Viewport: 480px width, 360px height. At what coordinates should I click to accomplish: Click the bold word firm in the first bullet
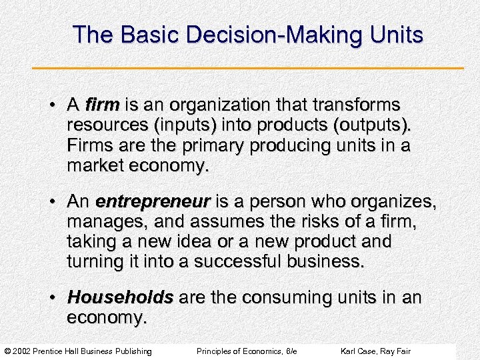click(102, 105)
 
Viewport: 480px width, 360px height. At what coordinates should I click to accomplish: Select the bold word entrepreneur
click(153, 201)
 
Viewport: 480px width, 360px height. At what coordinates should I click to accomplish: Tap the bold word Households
click(121, 297)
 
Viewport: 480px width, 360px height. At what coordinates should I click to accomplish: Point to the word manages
click(102, 221)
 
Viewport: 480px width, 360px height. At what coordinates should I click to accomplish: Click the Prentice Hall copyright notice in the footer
click(78, 351)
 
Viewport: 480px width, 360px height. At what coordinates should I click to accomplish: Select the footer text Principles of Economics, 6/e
click(247, 351)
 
